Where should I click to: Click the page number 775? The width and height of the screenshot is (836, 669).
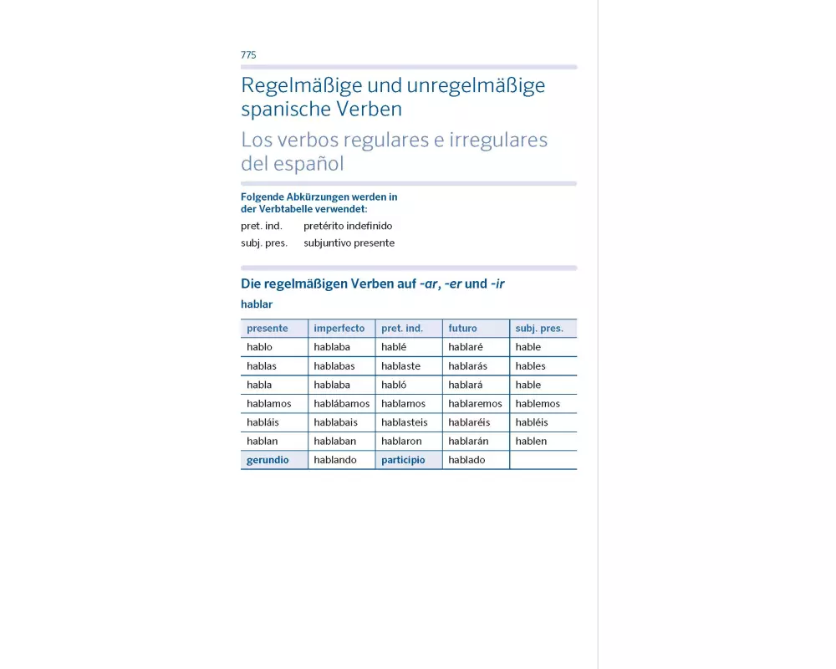point(248,55)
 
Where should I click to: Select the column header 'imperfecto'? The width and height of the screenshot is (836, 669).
point(339,329)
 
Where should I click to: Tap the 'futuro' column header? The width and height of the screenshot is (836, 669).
point(462,329)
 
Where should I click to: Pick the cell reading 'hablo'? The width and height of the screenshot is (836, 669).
point(259,347)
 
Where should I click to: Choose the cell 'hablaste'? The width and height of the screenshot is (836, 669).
point(400,366)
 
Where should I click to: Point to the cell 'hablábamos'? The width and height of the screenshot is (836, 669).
point(341,404)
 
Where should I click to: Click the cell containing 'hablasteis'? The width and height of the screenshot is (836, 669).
point(404,422)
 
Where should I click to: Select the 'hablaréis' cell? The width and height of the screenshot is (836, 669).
point(469,422)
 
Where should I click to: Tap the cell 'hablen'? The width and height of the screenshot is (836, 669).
point(531,442)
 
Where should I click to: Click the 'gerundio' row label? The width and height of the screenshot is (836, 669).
point(268,460)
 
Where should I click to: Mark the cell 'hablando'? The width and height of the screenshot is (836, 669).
point(334,460)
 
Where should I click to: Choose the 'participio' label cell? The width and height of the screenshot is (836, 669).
point(403,460)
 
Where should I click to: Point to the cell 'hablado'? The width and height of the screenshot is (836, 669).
point(466,460)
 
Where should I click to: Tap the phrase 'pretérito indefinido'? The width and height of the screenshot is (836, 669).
point(348,226)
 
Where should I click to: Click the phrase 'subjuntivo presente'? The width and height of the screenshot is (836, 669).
point(349,243)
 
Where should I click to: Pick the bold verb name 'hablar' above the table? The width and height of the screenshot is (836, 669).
point(256,304)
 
